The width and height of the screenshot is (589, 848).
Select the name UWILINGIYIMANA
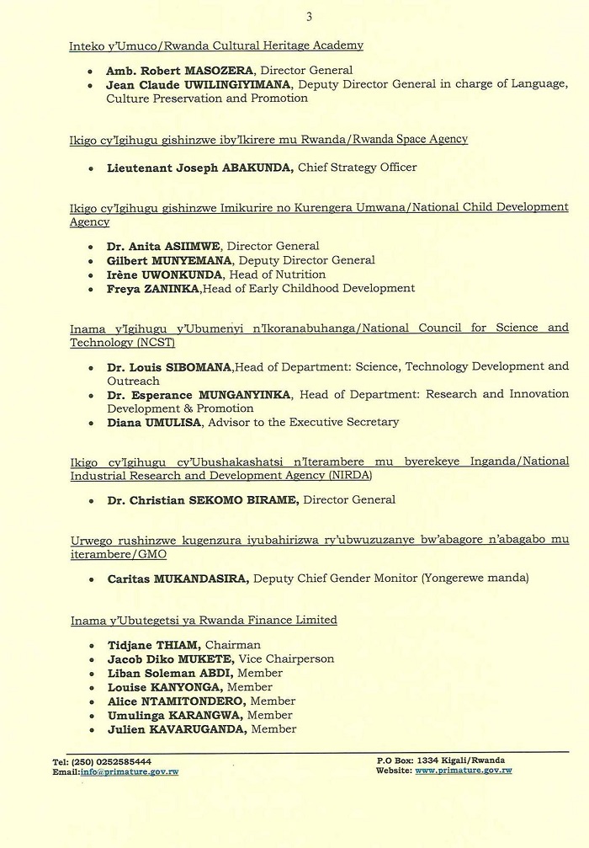[248, 85]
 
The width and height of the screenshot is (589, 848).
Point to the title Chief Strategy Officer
[358, 168]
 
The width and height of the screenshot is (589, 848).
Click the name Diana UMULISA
[154, 422]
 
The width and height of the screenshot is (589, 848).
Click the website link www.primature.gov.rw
[464, 771]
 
